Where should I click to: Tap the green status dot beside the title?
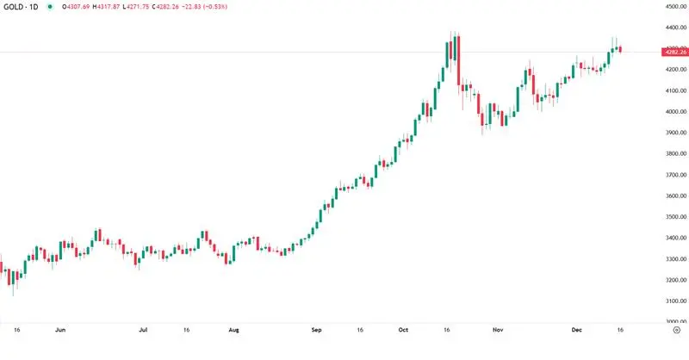coord(50,7)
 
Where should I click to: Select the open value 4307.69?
coord(83,7)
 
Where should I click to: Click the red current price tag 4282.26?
coord(674,53)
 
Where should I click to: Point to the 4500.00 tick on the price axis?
coord(673,7)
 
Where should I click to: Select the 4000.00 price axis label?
coord(673,112)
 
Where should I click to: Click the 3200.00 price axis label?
coord(673,280)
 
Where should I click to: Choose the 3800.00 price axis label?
coord(673,154)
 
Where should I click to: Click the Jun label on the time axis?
coord(59,329)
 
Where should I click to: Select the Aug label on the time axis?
coord(233,329)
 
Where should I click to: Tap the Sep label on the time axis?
coord(317,329)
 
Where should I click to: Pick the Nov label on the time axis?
coord(497,329)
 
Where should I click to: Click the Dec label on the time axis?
coord(577,329)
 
